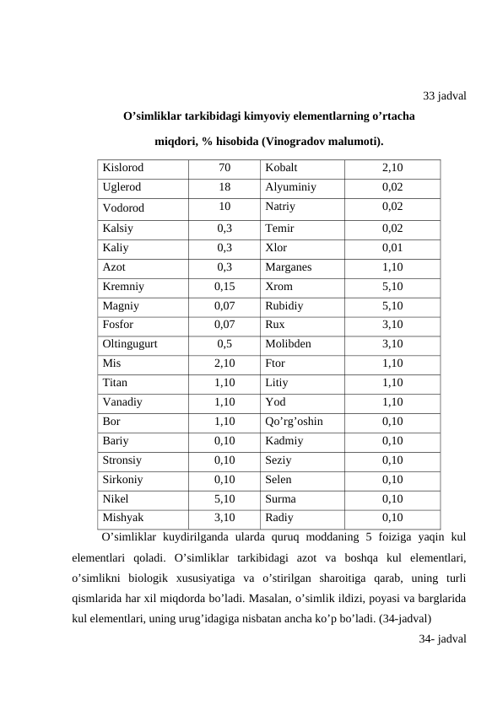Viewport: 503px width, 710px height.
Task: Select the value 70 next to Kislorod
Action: tap(224, 168)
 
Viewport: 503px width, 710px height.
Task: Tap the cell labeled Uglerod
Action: tap(122, 187)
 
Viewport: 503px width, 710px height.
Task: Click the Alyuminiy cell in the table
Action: tap(290, 187)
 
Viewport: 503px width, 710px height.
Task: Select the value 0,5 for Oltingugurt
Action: tap(224, 343)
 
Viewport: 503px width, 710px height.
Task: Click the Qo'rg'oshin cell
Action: tap(294, 420)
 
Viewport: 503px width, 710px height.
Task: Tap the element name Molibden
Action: tap(288, 343)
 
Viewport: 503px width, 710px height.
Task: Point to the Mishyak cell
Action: tap(123, 517)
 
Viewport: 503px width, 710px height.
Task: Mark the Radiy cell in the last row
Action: tap(279, 517)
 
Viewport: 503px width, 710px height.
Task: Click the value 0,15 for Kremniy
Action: tap(224, 287)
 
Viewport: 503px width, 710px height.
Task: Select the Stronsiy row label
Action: tap(122, 460)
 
